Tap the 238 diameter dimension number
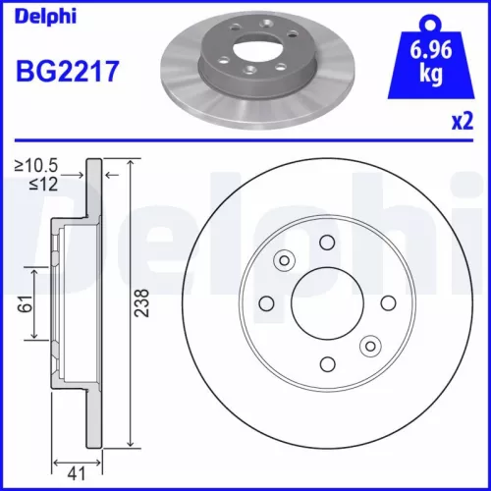pos(144,302)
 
